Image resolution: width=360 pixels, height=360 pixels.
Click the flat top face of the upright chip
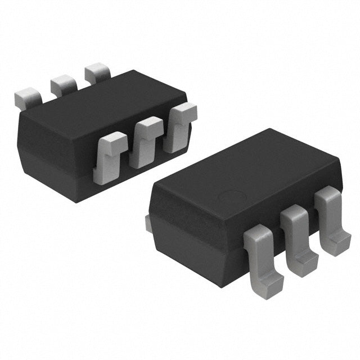click(247, 174)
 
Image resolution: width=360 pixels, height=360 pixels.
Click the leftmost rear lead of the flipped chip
click(26, 98)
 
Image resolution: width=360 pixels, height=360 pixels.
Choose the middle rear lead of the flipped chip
click(63, 85)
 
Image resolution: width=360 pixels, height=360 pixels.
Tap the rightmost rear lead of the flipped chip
click(97, 73)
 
